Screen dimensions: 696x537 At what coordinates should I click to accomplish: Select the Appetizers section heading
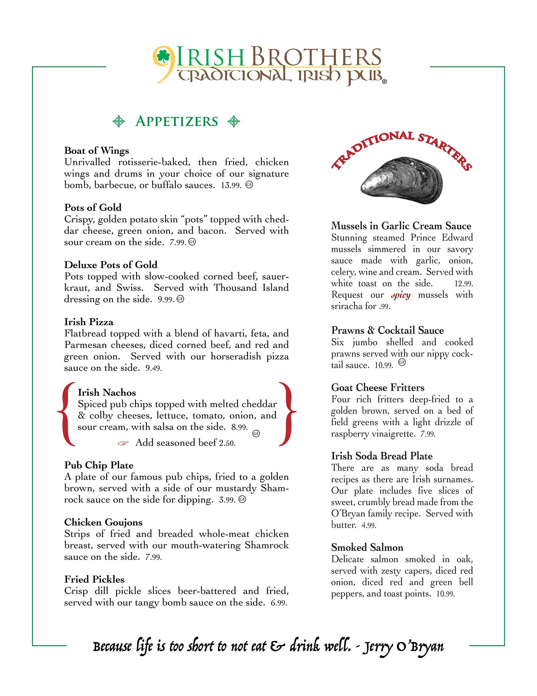point(176,121)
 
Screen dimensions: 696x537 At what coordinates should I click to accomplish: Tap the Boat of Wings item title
point(97,150)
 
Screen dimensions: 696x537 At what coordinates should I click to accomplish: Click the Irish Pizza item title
point(89,321)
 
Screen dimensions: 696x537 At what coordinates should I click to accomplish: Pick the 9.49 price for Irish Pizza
point(153,368)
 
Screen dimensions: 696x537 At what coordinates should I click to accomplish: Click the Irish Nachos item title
point(107,392)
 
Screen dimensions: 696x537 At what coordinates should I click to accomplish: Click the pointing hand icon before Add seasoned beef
point(124,443)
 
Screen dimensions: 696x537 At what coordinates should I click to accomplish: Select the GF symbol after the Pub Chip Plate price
point(242,500)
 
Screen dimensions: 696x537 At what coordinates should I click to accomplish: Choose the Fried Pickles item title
point(94,579)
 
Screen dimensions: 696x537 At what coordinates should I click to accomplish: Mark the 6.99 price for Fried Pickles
point(279,603)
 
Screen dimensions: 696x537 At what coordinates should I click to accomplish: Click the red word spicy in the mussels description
point(401,295)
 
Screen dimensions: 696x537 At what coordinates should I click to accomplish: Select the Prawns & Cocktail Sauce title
point(387,330)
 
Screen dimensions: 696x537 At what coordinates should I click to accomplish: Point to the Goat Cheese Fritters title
point(378,387)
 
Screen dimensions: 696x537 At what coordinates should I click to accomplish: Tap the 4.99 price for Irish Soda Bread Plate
point(369,525)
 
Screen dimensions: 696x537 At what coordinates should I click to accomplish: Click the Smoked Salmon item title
point(367,547)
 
